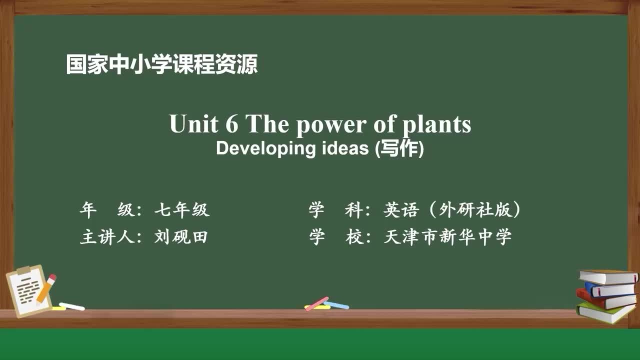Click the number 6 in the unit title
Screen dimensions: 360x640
[x=231, y=124]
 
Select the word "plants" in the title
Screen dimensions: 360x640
[x=440, y=125]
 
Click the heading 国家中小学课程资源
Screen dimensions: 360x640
[x=162, y=65]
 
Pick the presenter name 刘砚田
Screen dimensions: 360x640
[x=180, y=237]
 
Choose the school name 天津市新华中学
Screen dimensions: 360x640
[x=447, y=237]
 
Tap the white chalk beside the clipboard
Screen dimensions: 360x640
[x=72, y=306]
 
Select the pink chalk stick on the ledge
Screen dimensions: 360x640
[x=316, y=303]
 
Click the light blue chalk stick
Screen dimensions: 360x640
[x=337, y=304]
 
